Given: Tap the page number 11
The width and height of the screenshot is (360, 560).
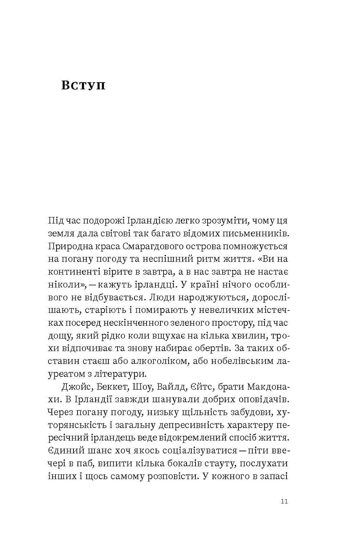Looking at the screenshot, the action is pyautogui.click(x=284, y=502).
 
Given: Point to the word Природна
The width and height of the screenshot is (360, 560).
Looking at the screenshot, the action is pyautogui.click(x=68, y=246).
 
